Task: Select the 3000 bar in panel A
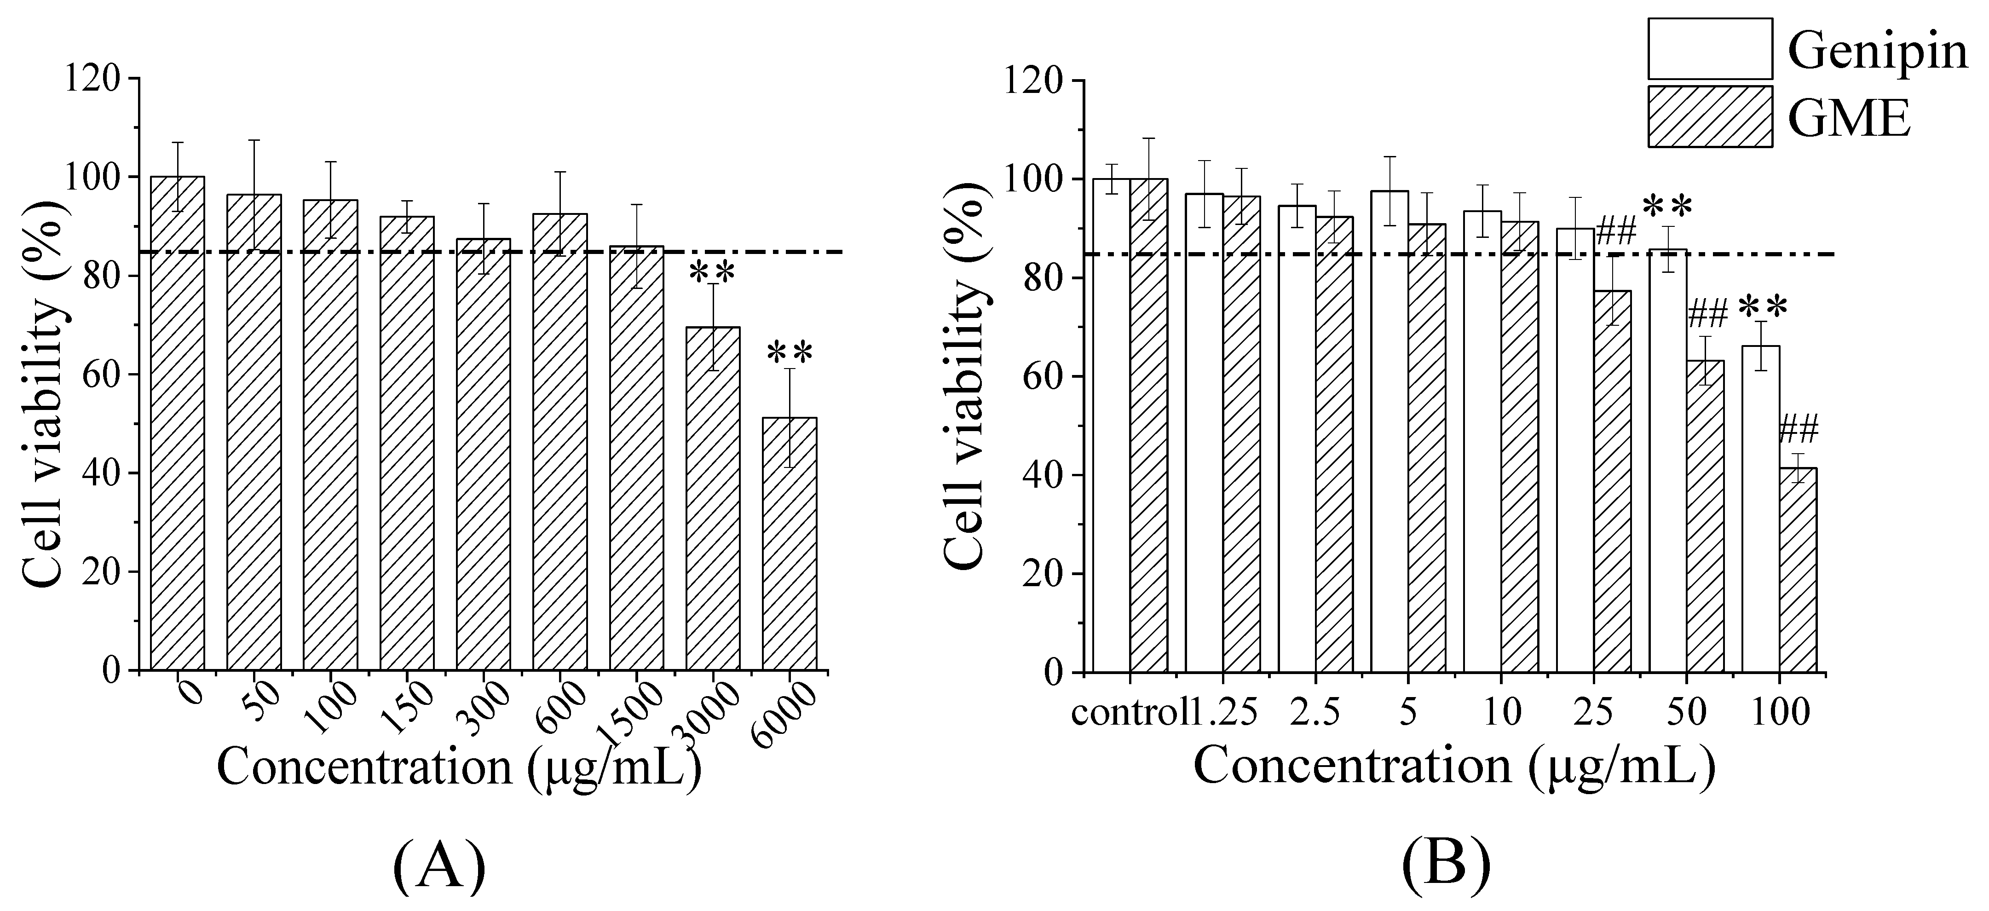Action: click(713, 498)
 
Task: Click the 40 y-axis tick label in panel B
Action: click(1041, 476)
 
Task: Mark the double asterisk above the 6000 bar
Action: click(790, 354)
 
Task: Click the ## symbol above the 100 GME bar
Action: click(1798, 428)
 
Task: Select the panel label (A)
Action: click(439, 865)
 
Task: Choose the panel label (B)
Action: click(1445, 865)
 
